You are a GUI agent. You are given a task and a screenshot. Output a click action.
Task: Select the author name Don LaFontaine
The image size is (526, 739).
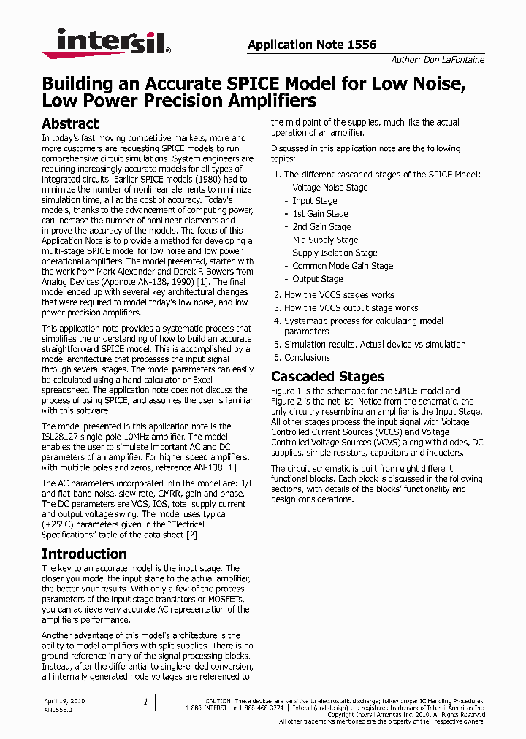click(454, 60)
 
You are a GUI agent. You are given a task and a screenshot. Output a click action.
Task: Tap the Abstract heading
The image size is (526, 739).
click(70, 123)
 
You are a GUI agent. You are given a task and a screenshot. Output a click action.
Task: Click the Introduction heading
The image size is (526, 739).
click(84, 554)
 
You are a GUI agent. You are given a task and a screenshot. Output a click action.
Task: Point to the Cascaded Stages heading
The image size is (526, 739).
click(327, 377)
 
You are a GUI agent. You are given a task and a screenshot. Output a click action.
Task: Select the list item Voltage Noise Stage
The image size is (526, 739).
click(330, 188)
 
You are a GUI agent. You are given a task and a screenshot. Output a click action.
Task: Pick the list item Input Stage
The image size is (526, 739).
click(315, 201)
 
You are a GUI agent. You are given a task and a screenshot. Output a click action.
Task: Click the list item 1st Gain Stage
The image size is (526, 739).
click(320, 214)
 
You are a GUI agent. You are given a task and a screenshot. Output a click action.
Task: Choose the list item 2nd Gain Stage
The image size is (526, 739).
click(321, 227)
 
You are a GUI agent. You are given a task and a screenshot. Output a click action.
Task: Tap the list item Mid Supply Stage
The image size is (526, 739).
click(325, 240)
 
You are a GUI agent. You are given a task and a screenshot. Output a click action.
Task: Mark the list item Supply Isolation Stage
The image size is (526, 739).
click(335, 253)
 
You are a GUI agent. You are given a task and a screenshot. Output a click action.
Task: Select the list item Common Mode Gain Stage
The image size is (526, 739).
click(343, 266)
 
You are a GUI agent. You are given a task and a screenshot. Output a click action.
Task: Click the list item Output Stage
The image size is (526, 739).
click(317, 279)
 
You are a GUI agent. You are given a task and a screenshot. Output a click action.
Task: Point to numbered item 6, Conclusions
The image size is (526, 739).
click(307, 357)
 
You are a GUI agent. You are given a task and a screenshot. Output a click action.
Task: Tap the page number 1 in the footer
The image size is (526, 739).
click(145, 702)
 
